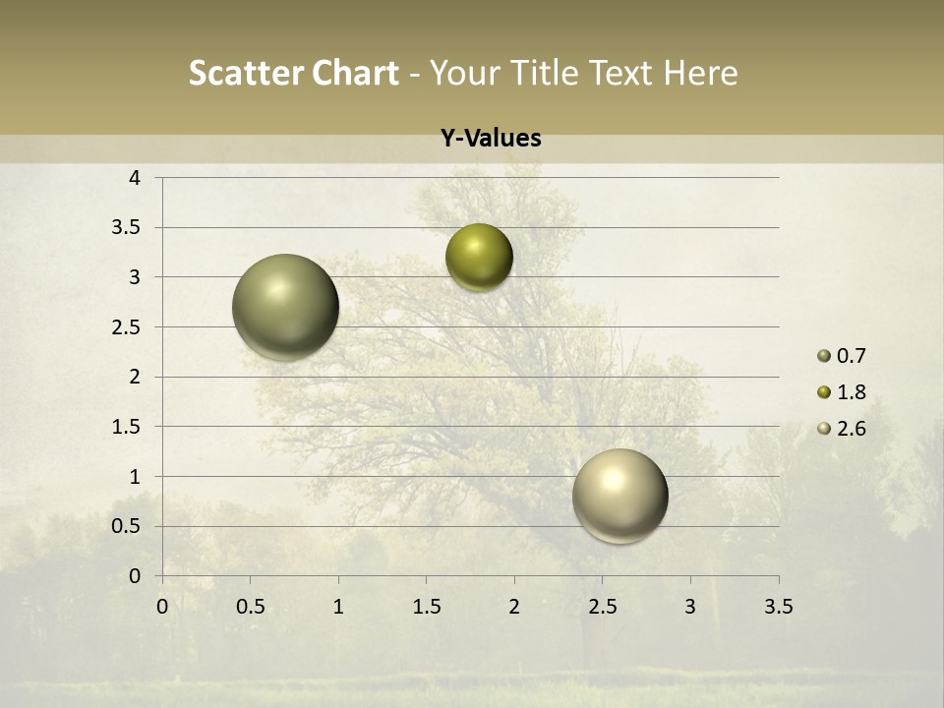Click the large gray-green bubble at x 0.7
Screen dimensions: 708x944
click(x=286, y=307)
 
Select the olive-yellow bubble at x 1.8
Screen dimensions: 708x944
click(x=479, y=258)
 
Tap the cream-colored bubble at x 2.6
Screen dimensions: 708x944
click(x=619, y=496)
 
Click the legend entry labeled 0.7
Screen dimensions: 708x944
click(x=842, y=356)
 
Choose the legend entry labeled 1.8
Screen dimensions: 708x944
click(x=842, y=392)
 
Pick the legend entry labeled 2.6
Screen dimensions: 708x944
click(x=842, y=429)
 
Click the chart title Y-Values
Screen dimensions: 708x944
click(x=490, y=139)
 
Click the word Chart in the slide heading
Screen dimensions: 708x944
click(x=354, y=73)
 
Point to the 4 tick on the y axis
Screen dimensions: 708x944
click(x=135, y=178)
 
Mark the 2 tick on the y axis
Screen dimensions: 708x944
click(x=135, y=377)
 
